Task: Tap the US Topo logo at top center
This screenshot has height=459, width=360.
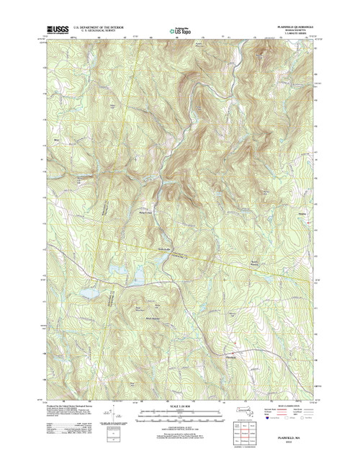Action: pos(180,31)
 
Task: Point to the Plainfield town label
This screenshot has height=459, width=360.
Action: pos(230,355)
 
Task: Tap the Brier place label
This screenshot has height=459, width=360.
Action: pos(55,133)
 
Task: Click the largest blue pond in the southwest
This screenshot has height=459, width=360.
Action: pos(89,294)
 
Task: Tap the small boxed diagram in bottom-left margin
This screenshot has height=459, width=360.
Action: pos(109,436)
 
